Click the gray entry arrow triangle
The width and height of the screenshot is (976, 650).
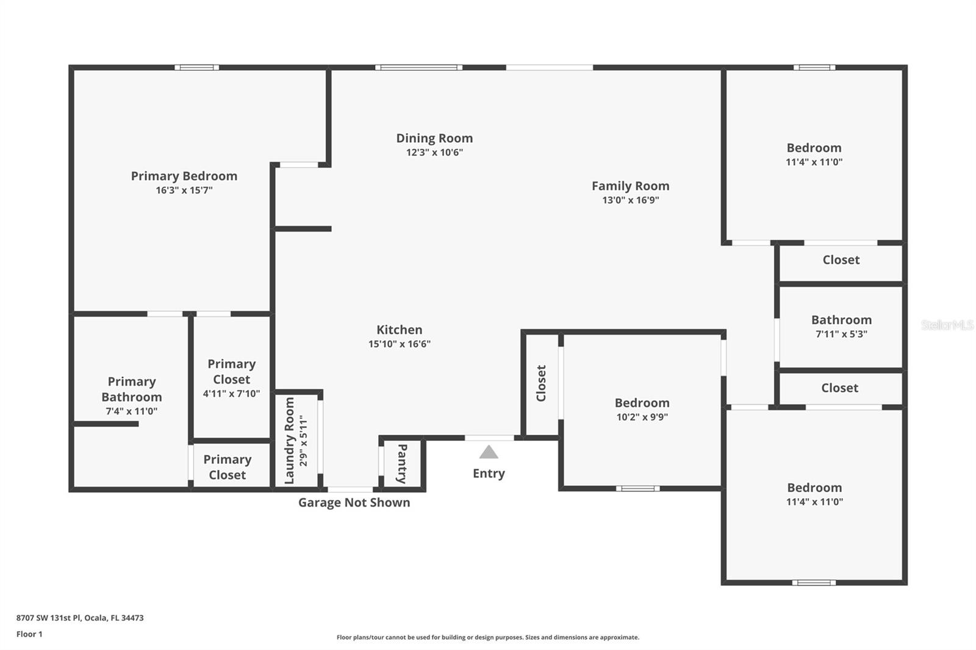click(489, 452)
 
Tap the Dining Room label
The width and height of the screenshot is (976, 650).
click(434, 138)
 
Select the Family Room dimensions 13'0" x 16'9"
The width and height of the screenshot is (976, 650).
click(631, 200)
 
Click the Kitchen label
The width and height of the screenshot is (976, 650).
click(400, 329)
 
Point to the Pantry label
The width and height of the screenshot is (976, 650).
click(402, 463)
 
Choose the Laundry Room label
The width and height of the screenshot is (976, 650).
click(289, 440)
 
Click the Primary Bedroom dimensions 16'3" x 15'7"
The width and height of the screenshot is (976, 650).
click(184, 190)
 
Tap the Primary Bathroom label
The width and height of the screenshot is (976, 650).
click(132, 389)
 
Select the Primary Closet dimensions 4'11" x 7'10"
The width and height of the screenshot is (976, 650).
click(231, 393)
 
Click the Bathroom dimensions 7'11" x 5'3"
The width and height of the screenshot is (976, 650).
click(841, 334)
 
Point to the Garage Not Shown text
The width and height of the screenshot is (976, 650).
click(354, 502)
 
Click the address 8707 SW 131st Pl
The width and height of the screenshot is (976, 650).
click(49, 618)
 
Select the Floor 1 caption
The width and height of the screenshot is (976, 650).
click(29, 634)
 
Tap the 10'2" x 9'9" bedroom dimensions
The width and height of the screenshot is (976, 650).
click(642, 416)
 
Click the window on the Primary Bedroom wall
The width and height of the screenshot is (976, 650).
click(197, 68)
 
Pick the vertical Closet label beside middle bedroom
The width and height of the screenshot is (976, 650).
click(540, 383)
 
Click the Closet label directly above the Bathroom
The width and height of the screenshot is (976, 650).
click(841, 260)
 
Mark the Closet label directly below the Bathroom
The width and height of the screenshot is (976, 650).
click(839, 388)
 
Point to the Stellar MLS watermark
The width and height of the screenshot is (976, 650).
click(947, 324)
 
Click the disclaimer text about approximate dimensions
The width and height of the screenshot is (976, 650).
click(488, 637)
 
